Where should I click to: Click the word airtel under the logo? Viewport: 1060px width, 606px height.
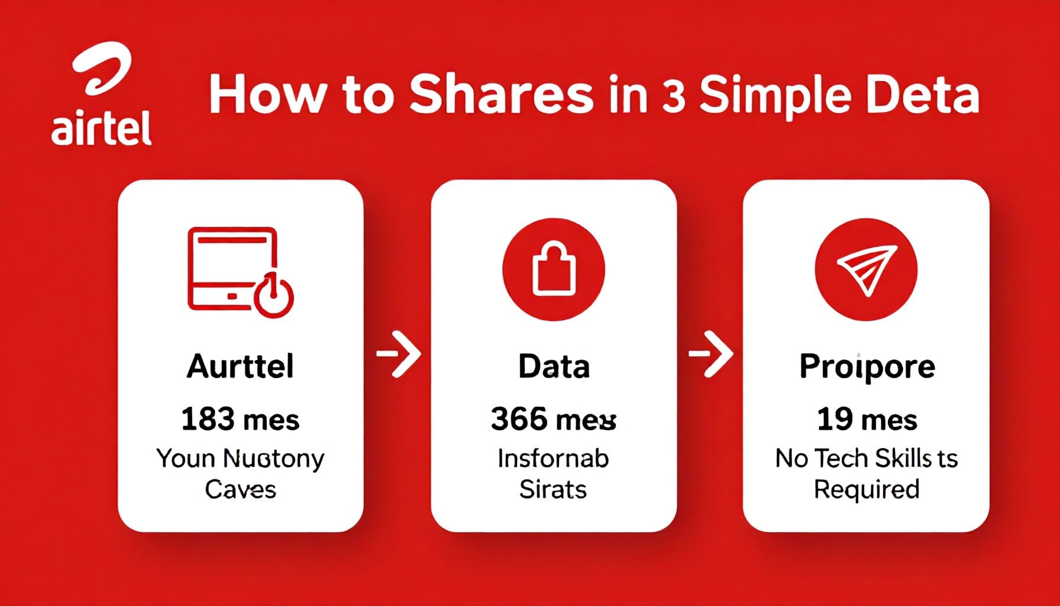coord(101,129)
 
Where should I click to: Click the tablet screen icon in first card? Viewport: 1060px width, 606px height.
coord(232,268)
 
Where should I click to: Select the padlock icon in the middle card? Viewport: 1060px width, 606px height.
coord(554,269)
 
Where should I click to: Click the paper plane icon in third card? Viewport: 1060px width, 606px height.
coord(867,269)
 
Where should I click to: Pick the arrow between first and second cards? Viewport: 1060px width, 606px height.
coord(399,354)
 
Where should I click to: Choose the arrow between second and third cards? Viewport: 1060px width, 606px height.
coord(711,354)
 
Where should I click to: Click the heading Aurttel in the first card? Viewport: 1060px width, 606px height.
coord(240,366)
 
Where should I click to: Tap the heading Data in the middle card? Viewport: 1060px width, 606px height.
coord(554,366)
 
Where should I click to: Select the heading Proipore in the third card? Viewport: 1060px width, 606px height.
coord(867,366)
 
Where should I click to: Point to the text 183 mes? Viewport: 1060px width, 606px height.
coord(240,420)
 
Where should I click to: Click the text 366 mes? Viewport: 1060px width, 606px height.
coord(554,420)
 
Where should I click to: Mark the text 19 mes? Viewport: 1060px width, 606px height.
coord(867,420)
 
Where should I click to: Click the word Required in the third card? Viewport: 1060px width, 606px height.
coord(867,489)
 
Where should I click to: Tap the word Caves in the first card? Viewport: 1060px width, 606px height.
coord(240,489)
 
